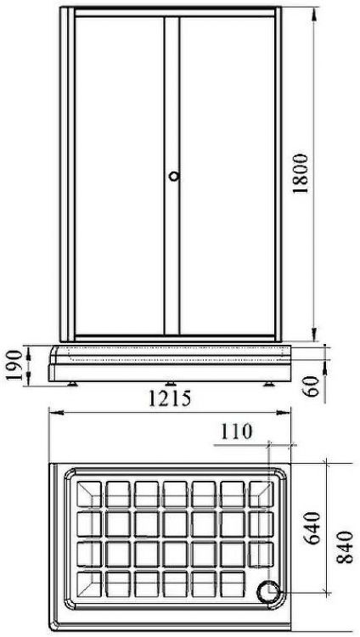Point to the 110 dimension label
click(x=236, y=431)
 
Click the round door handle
click(x=174, y=177)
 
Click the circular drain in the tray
click(x=269, y=588)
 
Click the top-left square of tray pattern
click(x=88, y=492)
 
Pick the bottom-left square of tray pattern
click(x=88, y=584)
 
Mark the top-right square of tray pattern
click(x=260, y=492)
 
